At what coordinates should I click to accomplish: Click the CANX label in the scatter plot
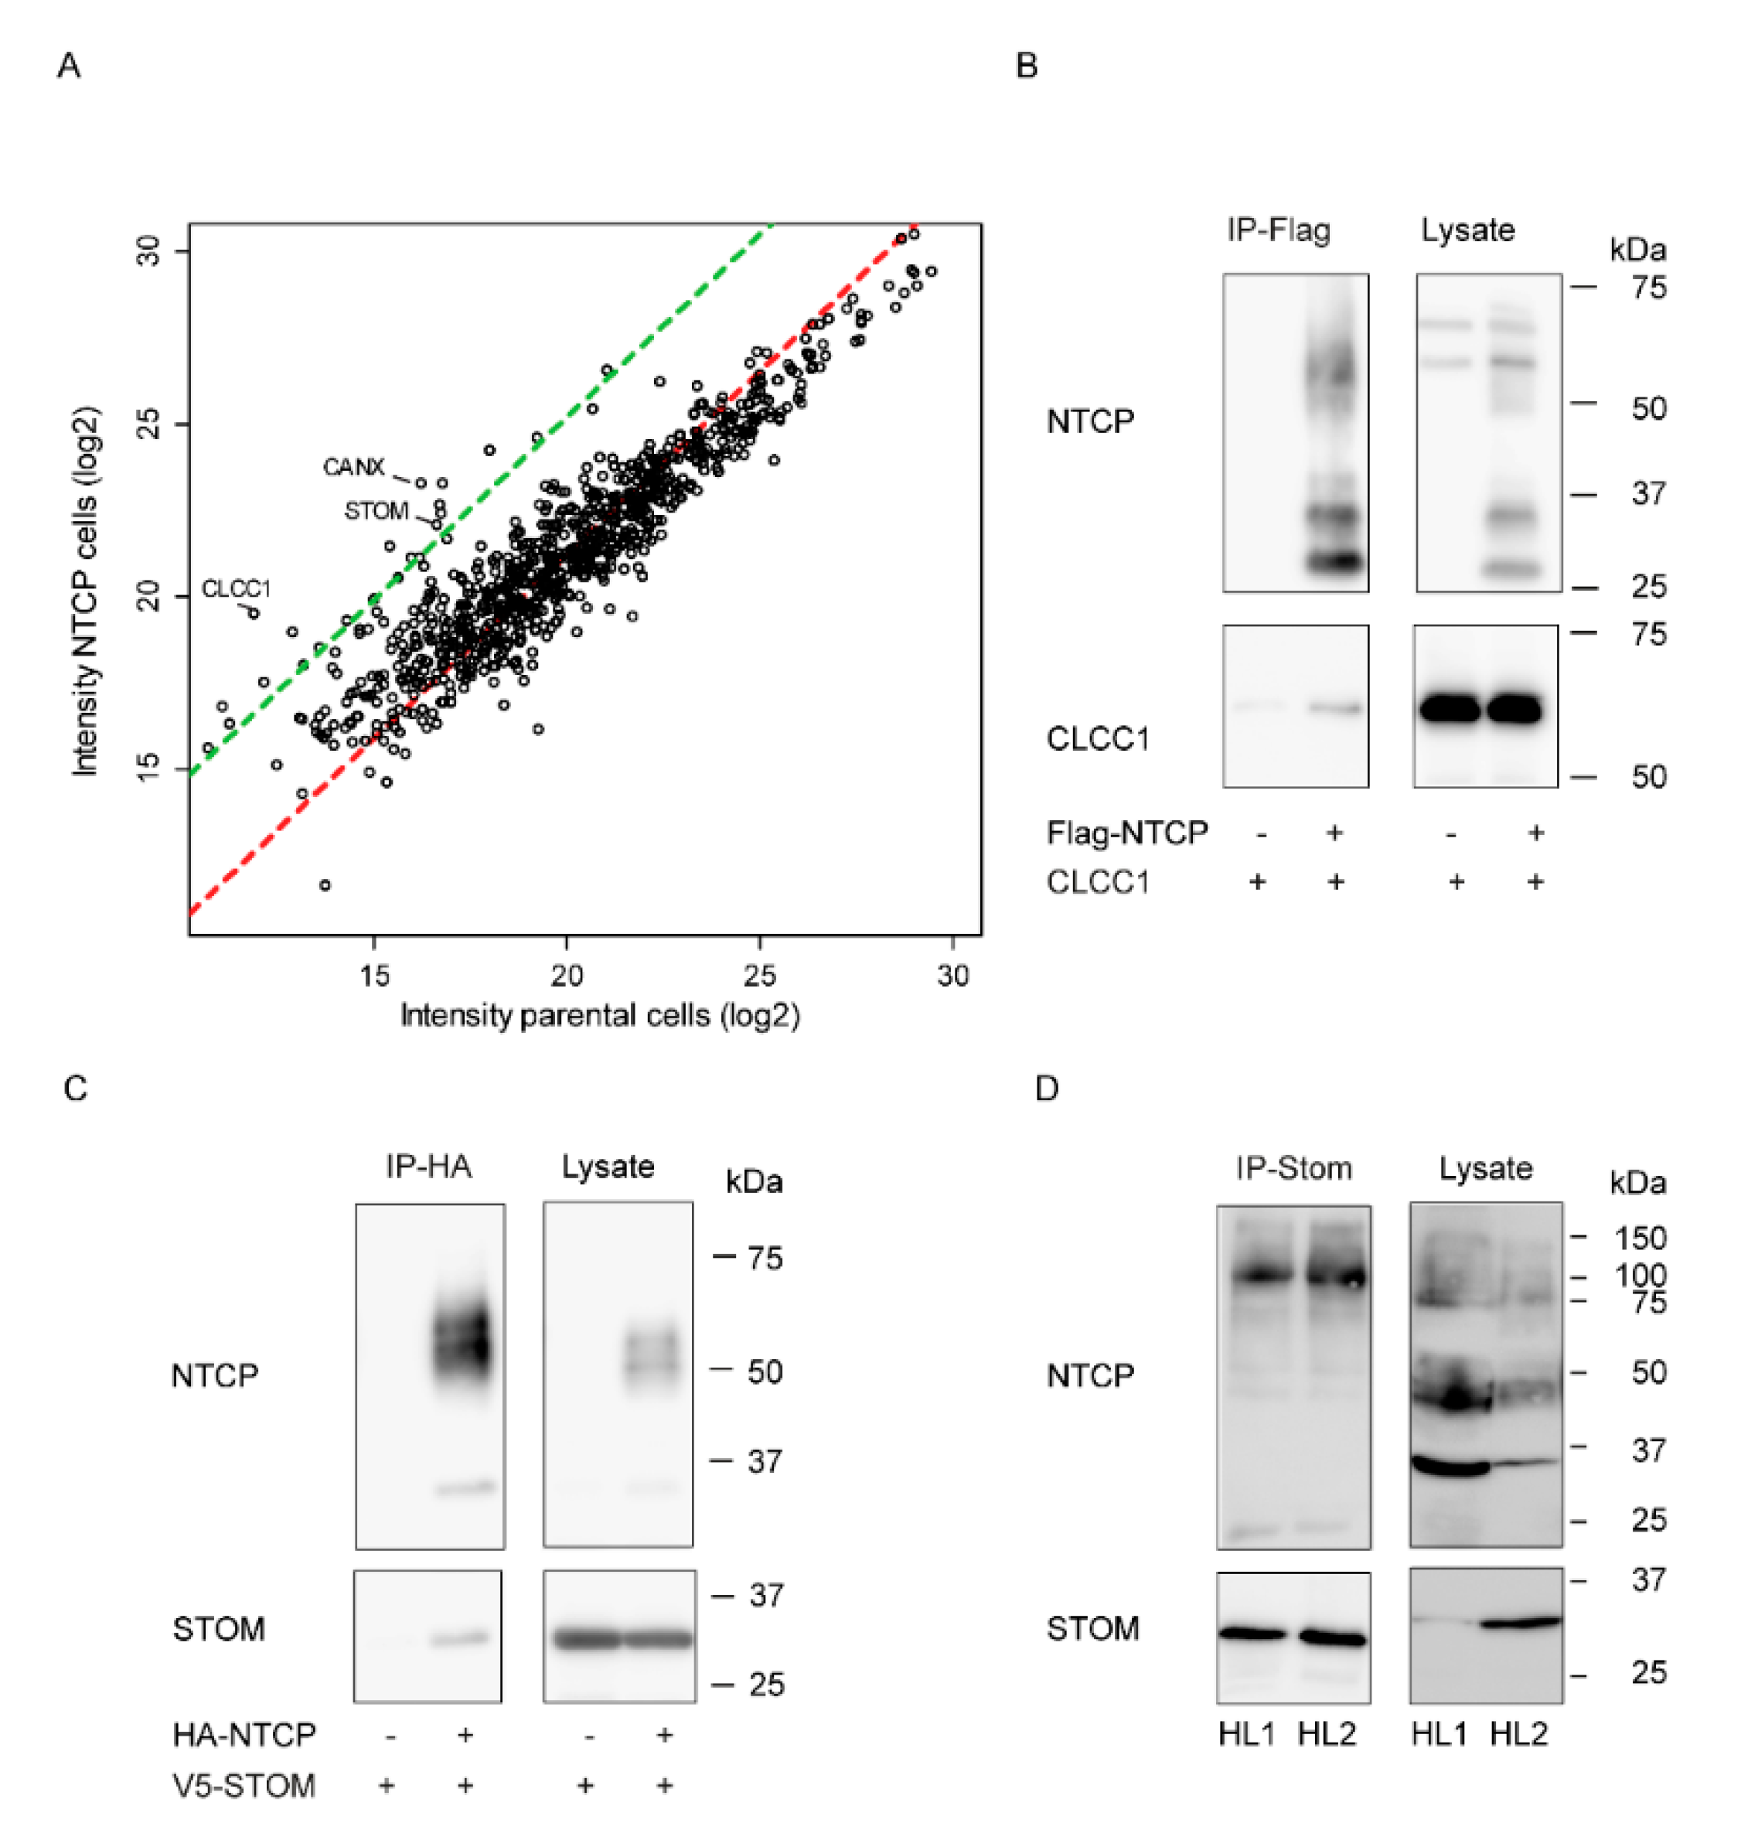pos(353,467)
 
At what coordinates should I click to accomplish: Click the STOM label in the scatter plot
pos(376,511)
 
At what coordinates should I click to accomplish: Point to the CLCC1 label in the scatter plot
pos(236,589)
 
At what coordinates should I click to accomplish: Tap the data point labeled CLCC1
pos(254,613)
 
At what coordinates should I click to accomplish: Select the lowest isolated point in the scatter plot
pos(325,885)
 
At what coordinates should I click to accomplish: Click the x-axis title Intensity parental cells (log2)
pos(599,1015)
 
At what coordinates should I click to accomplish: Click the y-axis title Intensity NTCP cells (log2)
pos(85,591)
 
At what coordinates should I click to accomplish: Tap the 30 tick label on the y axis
pos(148,250)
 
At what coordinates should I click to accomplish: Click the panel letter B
pos(1027,66)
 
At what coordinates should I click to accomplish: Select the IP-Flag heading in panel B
pos(1278,229)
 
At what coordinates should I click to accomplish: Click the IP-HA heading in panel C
pos(429,1165)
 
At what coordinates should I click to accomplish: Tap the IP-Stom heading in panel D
pos(1293,1167)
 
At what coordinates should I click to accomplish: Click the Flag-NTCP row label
pos(1126,833)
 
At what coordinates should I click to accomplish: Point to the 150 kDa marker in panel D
pos(1639,1238)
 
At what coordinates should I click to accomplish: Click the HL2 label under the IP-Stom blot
pos(1326,1733)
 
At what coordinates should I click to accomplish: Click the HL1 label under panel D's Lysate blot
pos(1439,1733)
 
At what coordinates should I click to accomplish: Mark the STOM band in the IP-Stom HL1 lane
pos(1253,1633)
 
